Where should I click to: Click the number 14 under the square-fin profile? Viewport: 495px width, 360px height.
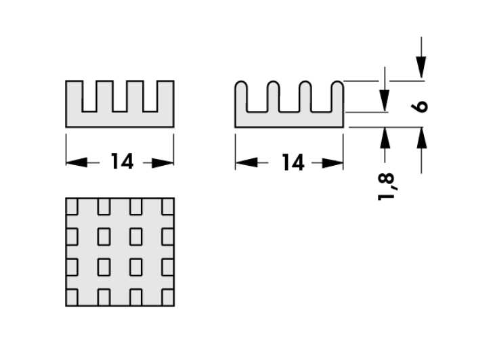point(122,162)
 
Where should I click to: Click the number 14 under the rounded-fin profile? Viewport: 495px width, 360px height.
point(292,162)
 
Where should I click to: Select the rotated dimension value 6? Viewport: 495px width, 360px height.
point(422,106)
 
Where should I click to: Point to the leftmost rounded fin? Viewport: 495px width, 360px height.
point(240,96)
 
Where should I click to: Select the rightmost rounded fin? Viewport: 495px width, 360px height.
point(338,96)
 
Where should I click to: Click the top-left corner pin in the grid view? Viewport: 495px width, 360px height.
point(72,205)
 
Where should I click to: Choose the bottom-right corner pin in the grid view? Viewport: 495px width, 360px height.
point(167,296)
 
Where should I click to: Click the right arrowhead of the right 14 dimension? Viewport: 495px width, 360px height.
point(335,162)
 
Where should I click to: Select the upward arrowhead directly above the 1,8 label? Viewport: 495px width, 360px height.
point(385,137)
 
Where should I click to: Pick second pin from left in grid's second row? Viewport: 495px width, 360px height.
point(104,236)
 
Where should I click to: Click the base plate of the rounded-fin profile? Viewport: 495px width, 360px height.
point(289,119)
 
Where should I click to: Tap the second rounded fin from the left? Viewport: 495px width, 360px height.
point(273,96)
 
